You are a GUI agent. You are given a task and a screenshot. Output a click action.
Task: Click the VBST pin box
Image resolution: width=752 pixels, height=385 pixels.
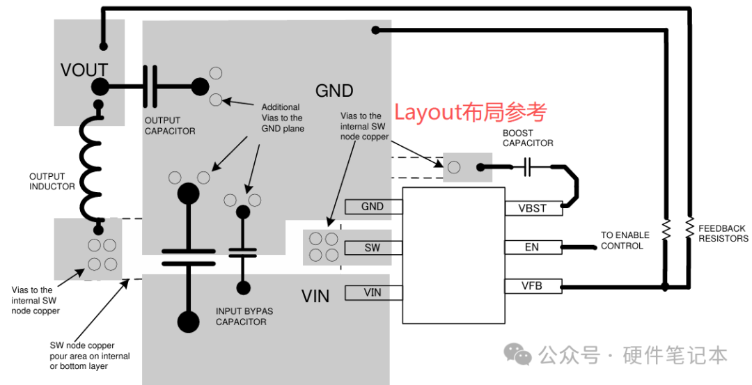tap(533, 209)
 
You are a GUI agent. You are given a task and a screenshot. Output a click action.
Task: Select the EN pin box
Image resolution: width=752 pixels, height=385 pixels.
tap(533, 247)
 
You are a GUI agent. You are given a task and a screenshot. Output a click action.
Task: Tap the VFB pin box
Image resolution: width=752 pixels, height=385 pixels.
tap(533, 286)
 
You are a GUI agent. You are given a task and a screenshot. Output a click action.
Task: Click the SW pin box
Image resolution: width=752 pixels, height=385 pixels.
tap(373, 248)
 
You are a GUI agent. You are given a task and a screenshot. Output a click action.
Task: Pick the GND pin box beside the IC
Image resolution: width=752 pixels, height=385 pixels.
tap(373, 207)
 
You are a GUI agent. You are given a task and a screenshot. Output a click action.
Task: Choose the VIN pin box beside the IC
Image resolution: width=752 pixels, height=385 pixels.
tap(373, 292)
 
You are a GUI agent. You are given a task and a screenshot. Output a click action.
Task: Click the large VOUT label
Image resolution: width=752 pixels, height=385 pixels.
tap(84, 70)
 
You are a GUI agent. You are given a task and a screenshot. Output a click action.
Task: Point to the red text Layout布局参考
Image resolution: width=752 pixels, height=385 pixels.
tap(471, 113)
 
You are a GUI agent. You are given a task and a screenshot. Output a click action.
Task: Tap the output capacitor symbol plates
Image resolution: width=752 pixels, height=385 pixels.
tap(150, 87)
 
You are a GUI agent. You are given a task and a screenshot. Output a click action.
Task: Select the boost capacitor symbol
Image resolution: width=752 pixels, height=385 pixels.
tap(527, 167)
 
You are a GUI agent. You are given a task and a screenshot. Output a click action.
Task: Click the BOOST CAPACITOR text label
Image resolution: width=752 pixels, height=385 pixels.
tap(528, 138)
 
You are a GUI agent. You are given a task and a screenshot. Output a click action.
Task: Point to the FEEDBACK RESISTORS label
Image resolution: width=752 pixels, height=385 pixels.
tap(723, 233)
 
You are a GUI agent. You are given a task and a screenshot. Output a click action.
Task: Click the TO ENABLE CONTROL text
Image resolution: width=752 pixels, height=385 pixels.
tap(625, 240)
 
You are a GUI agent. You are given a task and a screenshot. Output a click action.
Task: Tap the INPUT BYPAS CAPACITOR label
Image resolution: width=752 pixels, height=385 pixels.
tap(244, 317)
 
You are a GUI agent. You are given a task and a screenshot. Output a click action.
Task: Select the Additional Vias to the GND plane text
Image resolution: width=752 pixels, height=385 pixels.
tap(283, 118)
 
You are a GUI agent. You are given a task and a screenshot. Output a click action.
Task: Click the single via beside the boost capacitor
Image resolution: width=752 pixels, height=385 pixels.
tap(454, 167)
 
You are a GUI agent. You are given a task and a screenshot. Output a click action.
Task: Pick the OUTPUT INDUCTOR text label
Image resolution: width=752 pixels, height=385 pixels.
tap(52, 181)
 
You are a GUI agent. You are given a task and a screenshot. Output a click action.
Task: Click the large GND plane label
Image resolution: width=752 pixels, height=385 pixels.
tap(334, 91)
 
